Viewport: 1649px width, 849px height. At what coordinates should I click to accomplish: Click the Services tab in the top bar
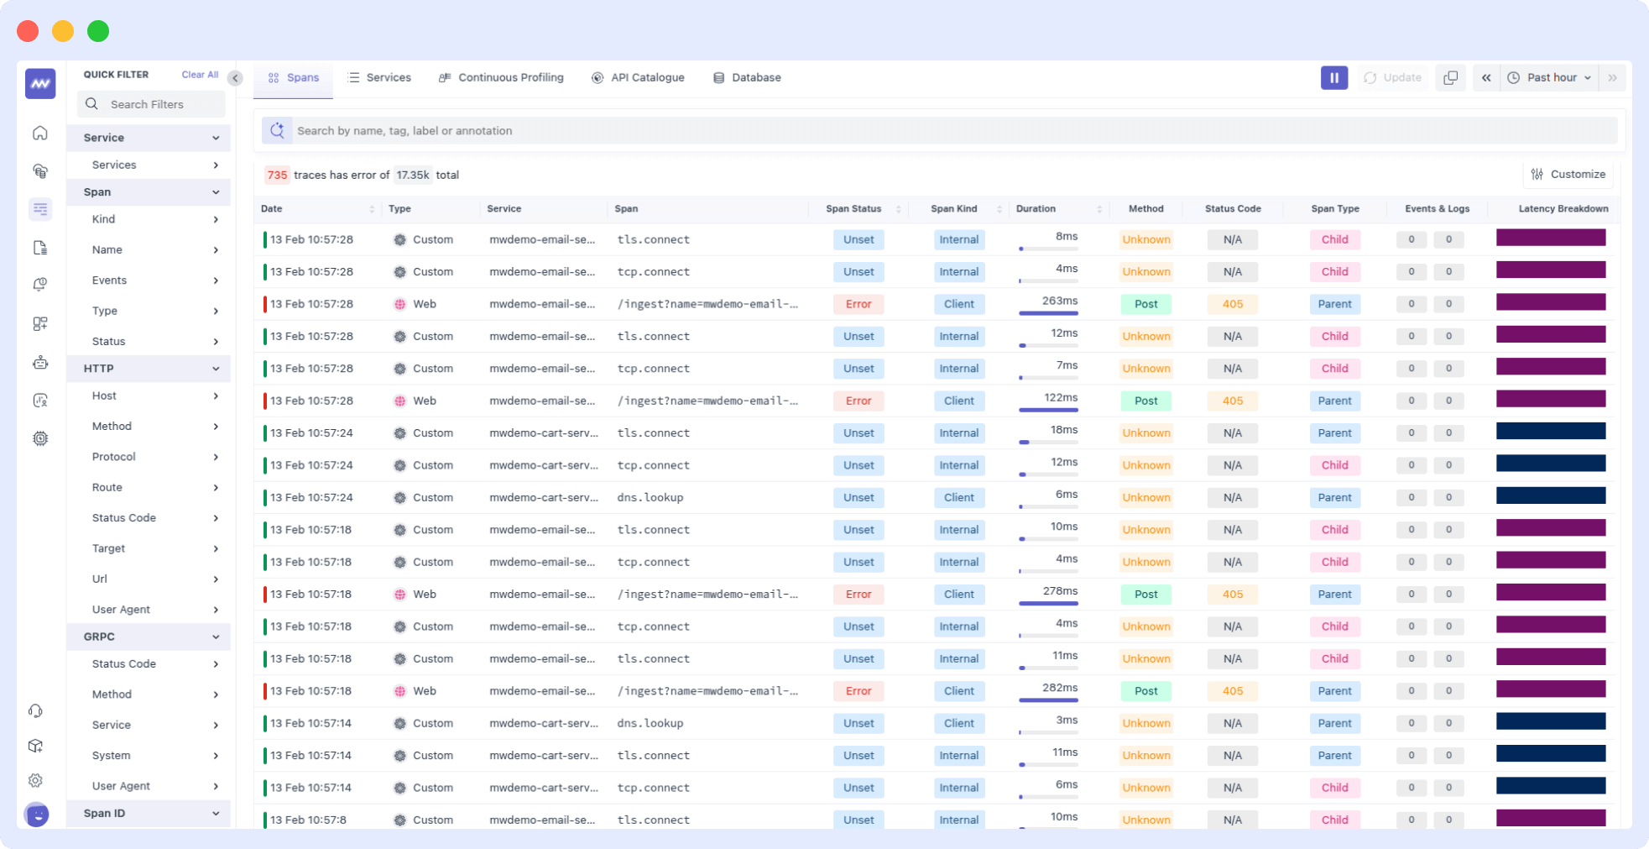click(379, 77)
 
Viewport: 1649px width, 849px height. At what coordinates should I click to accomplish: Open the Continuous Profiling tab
click(502, 77)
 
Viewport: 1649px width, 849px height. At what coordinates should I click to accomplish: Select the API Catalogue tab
click(638, 77)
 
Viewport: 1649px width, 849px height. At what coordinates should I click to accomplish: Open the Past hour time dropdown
click(1550, 77)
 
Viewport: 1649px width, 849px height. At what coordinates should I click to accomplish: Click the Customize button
click(1568, 175)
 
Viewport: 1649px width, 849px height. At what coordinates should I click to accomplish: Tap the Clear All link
click(200, 75)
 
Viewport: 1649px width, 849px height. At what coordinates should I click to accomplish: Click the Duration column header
click(1036, 209)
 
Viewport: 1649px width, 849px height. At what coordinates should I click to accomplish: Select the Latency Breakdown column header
click(1563, 209)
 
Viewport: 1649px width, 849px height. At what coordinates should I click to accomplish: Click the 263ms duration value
click(1059, 301)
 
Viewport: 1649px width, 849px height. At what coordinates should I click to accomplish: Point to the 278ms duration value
click(1059, 591)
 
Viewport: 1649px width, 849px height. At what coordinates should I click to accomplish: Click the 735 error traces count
click(277, 175)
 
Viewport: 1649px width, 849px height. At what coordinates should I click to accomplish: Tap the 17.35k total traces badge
click(413, 175)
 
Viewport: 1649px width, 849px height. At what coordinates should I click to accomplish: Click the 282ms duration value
click(1059, 688)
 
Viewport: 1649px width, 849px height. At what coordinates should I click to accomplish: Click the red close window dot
click(28, 31)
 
